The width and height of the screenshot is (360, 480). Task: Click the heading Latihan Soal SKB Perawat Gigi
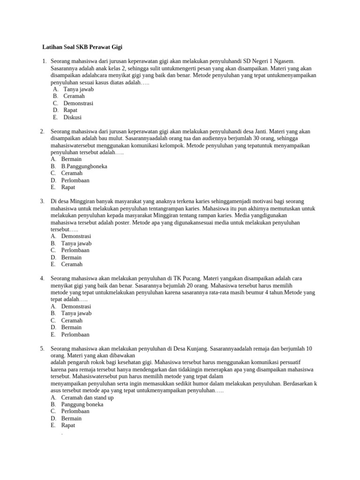(x=82, y=47)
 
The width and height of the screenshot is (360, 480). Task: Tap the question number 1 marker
(x=44, y=61)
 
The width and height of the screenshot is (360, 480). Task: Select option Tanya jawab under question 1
(x=79, y=89)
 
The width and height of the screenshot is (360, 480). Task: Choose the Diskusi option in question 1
(x=73, y=117)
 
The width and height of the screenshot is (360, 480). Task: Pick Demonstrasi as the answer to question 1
(x=78, y=103)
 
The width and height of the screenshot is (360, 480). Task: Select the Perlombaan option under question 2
(x=75, y=180)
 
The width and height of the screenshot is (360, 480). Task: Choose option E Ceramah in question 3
(x=72, y=264)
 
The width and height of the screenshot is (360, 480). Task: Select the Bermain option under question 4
(x=71, y=327)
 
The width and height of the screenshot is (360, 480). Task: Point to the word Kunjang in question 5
(x=197, y=348)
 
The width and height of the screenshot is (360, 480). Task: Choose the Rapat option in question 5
(x=68, y=425)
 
